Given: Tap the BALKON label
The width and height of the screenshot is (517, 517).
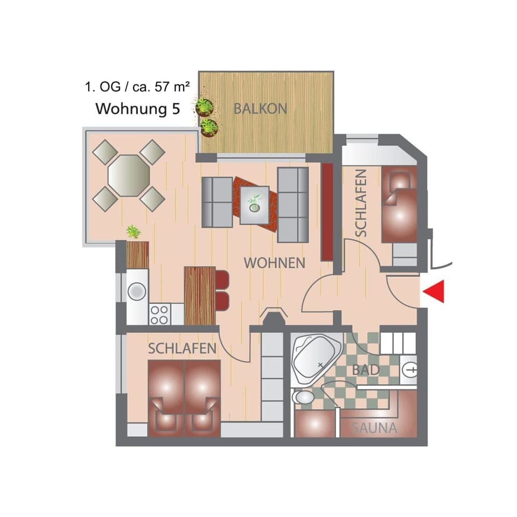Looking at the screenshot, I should (260, 108).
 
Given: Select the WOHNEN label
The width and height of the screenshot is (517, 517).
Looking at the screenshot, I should (275, 263).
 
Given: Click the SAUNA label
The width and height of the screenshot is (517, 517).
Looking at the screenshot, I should (374, 429).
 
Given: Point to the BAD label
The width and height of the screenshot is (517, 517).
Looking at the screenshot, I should (366, 370).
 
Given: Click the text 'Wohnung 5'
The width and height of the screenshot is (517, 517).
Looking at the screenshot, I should (137, 108).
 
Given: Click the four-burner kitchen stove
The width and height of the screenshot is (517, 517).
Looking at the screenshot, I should (159, 314).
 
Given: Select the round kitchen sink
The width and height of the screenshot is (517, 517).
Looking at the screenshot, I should (137, 291).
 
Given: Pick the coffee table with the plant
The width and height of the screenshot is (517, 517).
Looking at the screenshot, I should (254, 204).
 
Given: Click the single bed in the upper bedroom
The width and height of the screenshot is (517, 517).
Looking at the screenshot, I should (399, 205).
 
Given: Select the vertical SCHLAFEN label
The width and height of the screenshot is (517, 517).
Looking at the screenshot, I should (361, 202).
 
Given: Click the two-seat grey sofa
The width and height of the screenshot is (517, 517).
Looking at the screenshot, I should (216, 202).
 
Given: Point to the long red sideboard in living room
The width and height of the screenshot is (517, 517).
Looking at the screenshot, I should (327, 211).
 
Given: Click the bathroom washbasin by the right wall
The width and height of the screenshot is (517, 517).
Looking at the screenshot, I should (410, 369).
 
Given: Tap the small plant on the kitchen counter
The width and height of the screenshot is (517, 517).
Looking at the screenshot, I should (134, 232).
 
